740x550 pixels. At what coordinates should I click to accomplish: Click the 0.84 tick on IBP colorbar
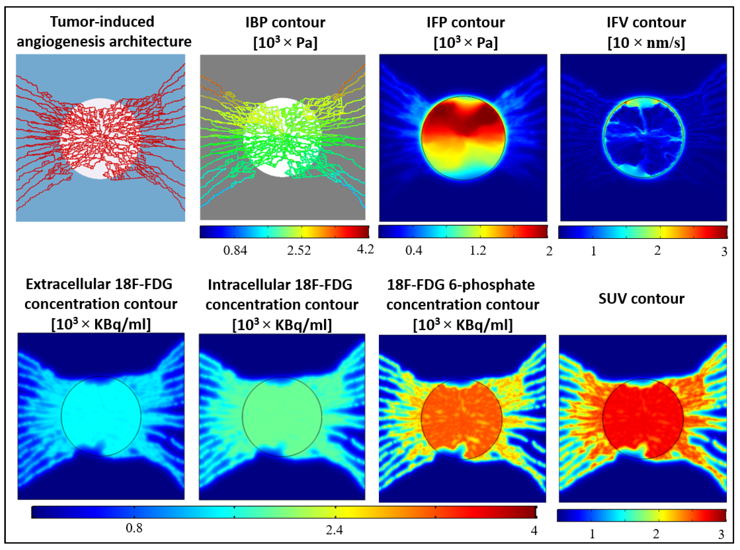click(x=235, y=250)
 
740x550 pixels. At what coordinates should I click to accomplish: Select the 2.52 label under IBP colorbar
click(x=299, y=250)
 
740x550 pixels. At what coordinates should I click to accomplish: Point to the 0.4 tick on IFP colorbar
click(x=413, y=250)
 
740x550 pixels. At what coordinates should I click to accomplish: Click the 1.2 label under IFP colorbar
click(x=478, y=250)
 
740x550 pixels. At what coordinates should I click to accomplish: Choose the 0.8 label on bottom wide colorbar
click(x=134, y=528)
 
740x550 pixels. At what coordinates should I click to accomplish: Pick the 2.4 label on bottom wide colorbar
click(x=334, y=529)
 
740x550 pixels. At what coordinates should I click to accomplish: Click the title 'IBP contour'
click(x=285, y=22)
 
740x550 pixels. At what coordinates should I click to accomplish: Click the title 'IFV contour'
click(x=646, y=22)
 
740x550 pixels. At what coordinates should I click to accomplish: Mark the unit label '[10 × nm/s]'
click(x=646, y=43)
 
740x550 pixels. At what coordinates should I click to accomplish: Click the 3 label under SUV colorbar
click(x=721, y=534)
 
